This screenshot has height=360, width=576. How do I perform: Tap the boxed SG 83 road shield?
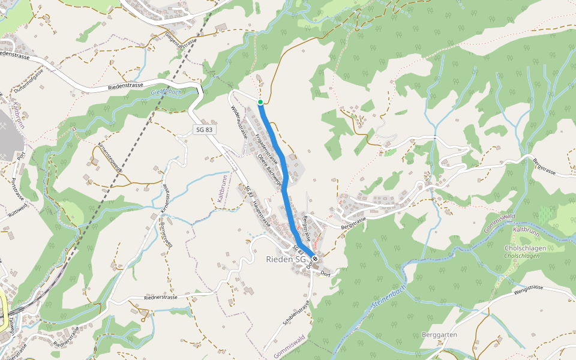[x=204, y=130]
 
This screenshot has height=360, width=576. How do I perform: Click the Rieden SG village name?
[x=286, y=260]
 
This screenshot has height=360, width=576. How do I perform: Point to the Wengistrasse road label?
[x=528, y=289]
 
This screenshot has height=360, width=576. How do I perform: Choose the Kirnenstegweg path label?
[x=110, y=157]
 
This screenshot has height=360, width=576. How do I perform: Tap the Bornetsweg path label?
[x=167, y=235]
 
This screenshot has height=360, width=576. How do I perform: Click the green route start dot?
[x=260, y=102]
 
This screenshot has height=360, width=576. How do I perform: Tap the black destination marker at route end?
[x=314, y=259]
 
